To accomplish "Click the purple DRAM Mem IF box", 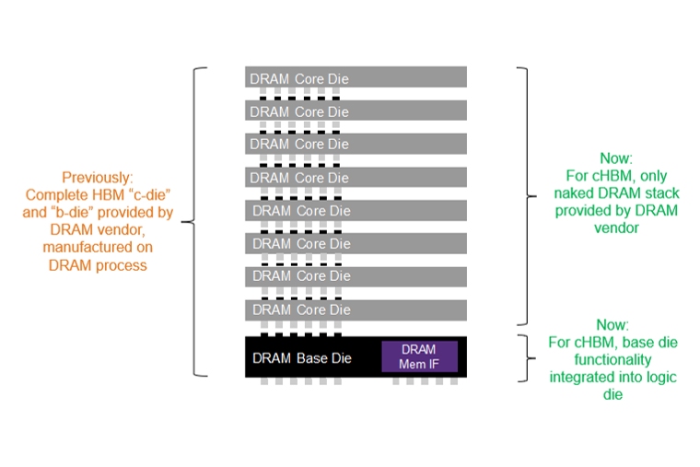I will (x=419, y=356).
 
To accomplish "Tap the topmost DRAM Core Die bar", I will (x=356, y=78).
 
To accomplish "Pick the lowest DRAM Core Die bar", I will (x=356, y=309).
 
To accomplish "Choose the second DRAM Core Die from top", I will (x=356, y=111).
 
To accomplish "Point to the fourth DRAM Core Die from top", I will (x=356, y=177).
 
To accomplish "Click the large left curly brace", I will (x=191, y=221).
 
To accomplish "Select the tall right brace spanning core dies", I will (x=524, y=195).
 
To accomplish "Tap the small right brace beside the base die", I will (x=524, y=358).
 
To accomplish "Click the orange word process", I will (x=124, y=264).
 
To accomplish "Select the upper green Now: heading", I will (x=615, y=158).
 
